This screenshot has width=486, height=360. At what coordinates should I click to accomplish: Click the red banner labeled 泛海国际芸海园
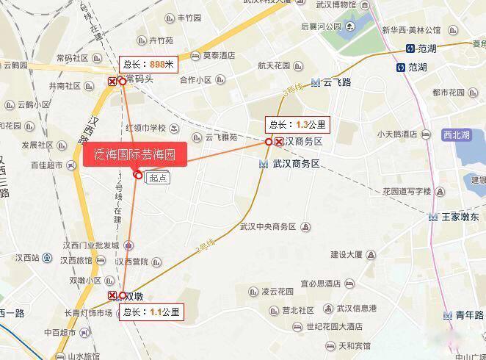pyautogui.click(x=135, y=155)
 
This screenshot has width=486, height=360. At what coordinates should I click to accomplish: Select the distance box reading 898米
pyautogui.click(x=150, y=65)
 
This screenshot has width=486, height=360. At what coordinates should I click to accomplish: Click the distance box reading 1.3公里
pyautogui.click(x=298, y=124)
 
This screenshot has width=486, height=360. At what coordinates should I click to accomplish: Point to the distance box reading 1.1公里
pyautogui.click(x=150, y=312)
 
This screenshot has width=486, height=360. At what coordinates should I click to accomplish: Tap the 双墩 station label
pyautogui.click(x=134, y=297)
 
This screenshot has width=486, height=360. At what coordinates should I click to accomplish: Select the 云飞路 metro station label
pyautogui.click(x=336, y=82)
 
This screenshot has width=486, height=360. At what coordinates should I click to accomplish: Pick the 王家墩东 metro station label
pyautogui.click(x=460, y=217)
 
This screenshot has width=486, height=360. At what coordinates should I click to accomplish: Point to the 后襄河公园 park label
pyautogui.click(x=321, y=26)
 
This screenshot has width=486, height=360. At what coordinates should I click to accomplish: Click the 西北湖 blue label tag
pyautogui.click(x=456, y=135)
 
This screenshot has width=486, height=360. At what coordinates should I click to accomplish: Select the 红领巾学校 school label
pyautogui.click(x=146, y=128)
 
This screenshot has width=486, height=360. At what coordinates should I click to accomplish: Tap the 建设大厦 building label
pyautogui.click(x=347, y=255)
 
